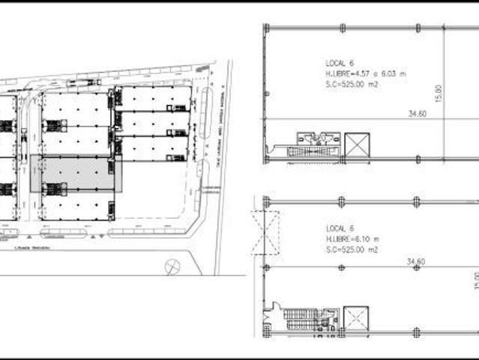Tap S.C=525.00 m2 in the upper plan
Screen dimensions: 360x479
click(x=353, y=85)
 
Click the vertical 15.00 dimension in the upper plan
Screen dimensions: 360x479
click(x=439, y=93)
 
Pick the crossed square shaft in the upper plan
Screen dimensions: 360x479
click(x=357, y=145)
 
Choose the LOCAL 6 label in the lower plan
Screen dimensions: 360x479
click(x=339, y=228)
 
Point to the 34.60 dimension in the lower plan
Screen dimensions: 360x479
click(x=416, y=261)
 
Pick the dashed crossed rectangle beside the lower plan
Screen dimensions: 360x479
click(x=265, y=233)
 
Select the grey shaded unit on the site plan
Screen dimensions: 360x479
click(x=76, y=173)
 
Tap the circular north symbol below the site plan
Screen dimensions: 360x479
click(x=172, y=265)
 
